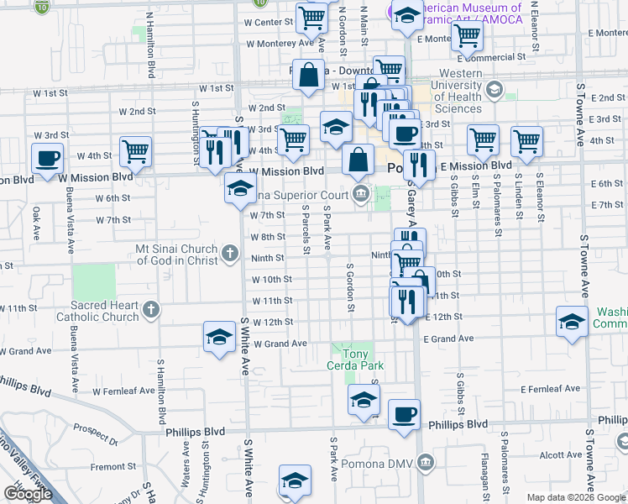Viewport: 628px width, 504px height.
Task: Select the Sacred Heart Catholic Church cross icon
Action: pos(151,310)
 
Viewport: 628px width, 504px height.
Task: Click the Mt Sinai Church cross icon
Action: pos(231,253)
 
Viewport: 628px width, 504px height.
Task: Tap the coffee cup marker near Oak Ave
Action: pos(47,157)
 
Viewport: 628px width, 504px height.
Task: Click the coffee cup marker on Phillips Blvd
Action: pos(405,414)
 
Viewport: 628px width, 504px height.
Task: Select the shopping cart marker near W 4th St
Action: pos(134,151)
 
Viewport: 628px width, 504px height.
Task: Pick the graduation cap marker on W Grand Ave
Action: pos(218,338)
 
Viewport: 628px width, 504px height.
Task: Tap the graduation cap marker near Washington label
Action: pos(572,323)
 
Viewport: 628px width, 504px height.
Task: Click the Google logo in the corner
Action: pos(28,493)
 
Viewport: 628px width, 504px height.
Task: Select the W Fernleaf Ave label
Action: pos(123,391)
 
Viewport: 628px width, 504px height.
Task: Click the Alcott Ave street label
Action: pos(561,455)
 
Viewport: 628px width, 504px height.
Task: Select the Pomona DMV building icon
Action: pos(426,463)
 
